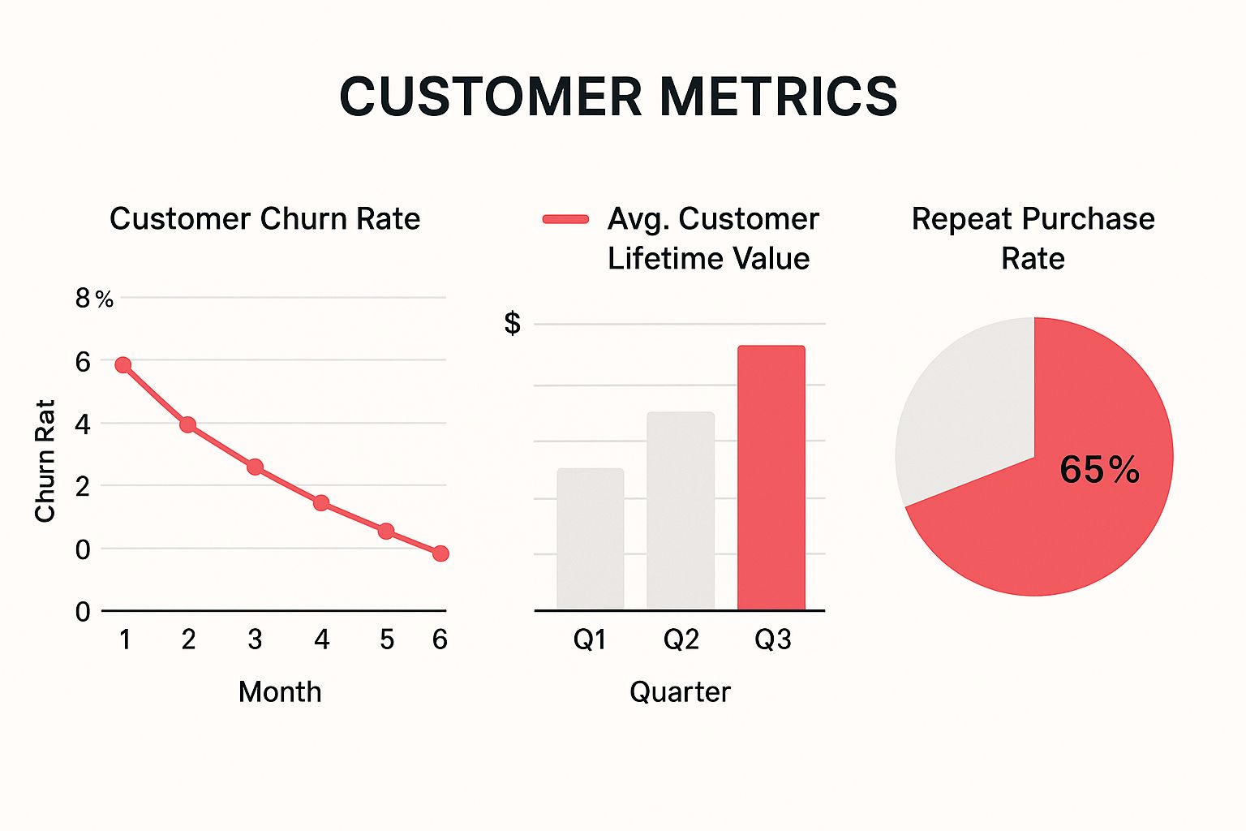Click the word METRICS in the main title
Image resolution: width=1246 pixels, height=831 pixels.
pyautogui.click(x=779, y=97)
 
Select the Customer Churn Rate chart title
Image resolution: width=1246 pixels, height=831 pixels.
pyautogui.click(x=264, y=219)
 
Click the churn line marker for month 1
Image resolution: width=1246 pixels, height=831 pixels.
pyautogui.click(x=123, y=365)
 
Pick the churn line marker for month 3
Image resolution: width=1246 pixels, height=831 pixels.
pyautogui.click(x=255, y=467)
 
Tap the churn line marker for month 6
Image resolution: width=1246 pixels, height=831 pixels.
pyautogui.click(x=440, y=553)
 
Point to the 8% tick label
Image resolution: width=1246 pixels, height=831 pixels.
pyautogui.click(x=93, y=299)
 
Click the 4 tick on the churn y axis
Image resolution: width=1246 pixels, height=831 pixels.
pyautogui.click(x=83, y=424)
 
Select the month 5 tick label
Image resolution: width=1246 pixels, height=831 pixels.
pyautogui.click(x=387, y=639)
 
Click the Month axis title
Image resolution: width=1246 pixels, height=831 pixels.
pyautogui.click(x=280, y=692)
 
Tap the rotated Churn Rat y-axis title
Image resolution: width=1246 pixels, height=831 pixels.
pyautogui.click(x=45, y=460)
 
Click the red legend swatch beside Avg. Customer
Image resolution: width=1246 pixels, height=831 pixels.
pyautogui.click(x=565, y=219)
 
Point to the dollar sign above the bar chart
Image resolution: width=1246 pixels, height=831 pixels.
pyautogui.click(x=512, y=323)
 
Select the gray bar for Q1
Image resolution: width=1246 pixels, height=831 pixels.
pyautogui.click(x=591, y=539)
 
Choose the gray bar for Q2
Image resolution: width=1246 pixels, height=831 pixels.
pyautogui.click(x=681, y=511)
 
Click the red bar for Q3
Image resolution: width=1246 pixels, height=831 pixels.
pyautogui.click(x=771, y=478)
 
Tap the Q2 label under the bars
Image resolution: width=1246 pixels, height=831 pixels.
pyautogui.click(x=681, y=639)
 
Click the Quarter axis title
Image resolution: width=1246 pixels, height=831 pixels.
pyautogui.click(x=680, y=692)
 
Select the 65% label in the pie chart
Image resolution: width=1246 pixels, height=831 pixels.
pyautogui.click(x=1099, y=470)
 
